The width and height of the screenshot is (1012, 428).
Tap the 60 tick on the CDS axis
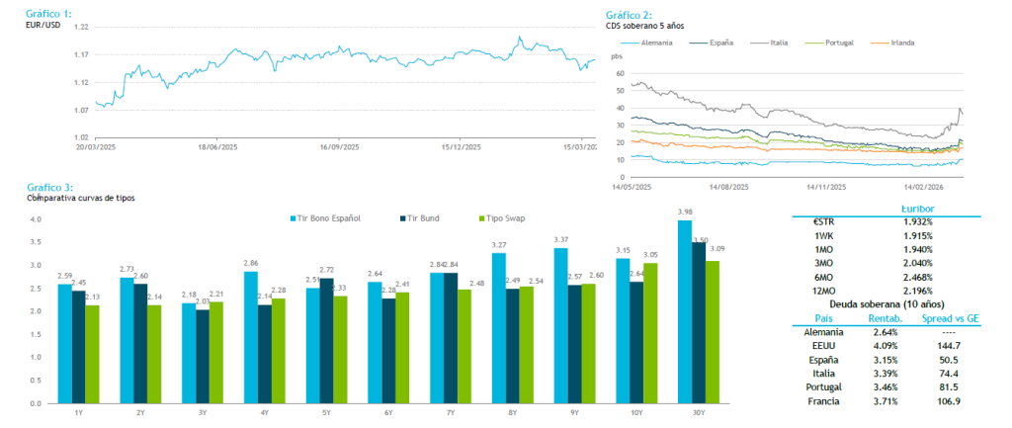tap(620, 73)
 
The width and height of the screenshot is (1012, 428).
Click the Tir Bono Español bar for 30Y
tap(684, 311)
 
